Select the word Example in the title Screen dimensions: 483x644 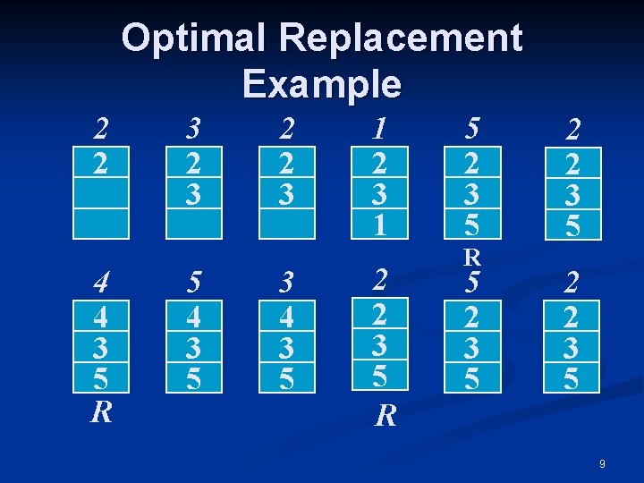321,83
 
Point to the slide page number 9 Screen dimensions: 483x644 602,464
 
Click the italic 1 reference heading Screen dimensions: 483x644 380,130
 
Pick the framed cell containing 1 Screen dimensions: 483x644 380,223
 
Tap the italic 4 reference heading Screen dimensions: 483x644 101,283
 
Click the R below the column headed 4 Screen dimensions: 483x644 101,411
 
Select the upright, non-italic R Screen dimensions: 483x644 471,258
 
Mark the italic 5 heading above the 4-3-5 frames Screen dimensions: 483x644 193,283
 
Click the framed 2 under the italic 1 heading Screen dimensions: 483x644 380,162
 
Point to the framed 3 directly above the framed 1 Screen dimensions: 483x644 380,192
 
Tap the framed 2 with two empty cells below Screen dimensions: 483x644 101,162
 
